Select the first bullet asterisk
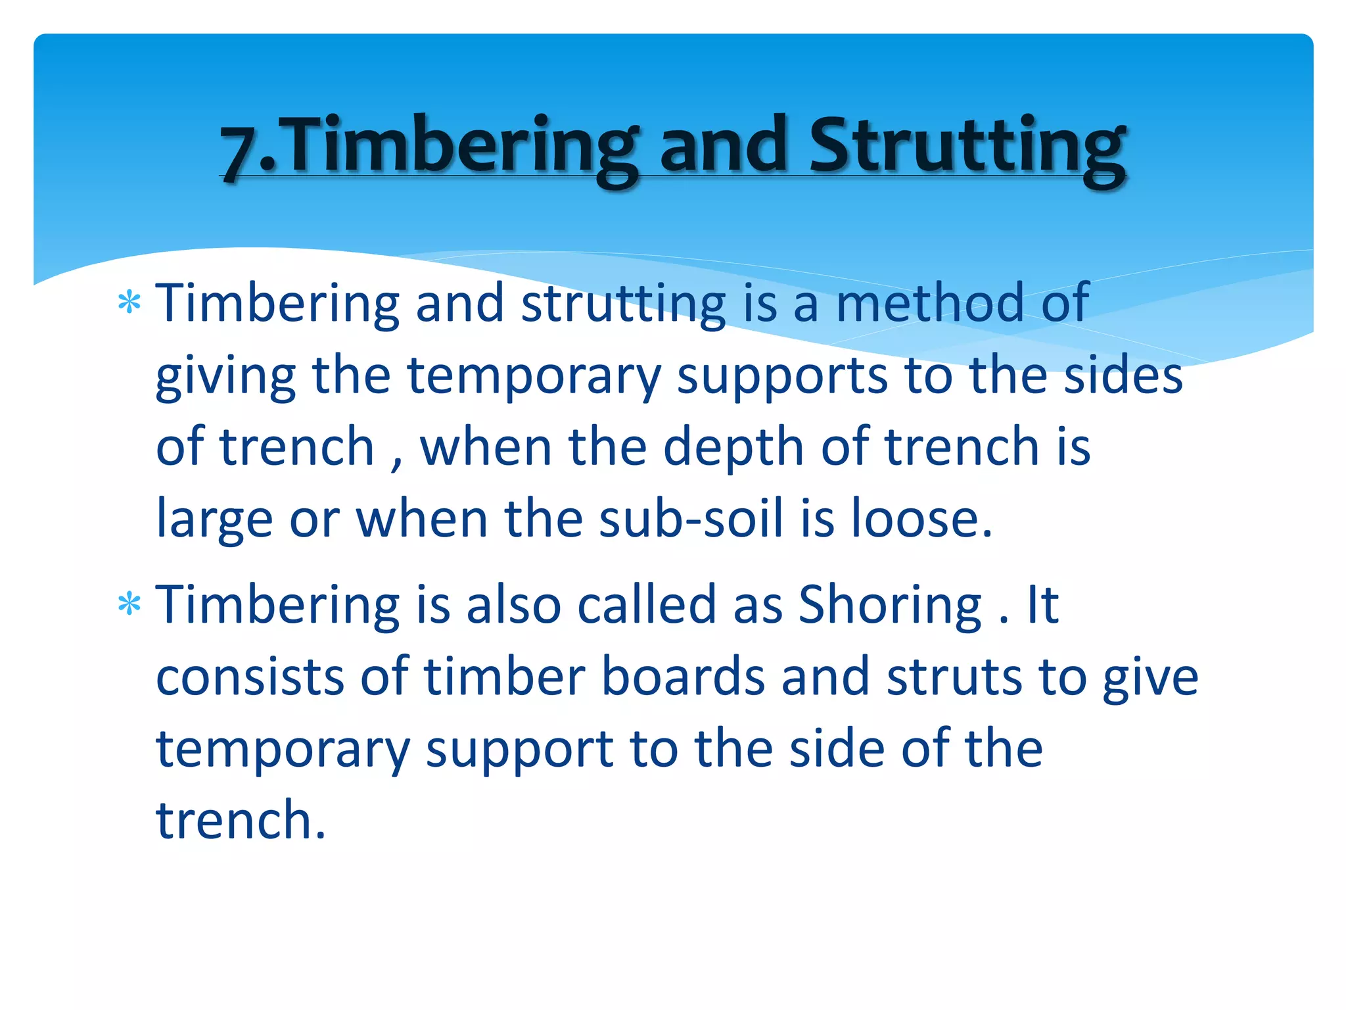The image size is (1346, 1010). click(129, 304)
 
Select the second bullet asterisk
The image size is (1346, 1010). click(129, 604)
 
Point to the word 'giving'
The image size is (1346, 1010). click(225, 377)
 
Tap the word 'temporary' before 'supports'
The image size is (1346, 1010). click(534, 377)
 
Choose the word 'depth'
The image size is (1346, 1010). click(733, 447)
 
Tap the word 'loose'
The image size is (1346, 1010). click(920, 519)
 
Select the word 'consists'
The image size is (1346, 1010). click(250, 677)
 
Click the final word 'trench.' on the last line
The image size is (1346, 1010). click(241, 821)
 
